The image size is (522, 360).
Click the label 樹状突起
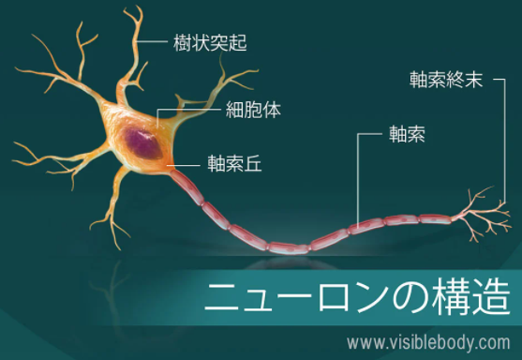210,42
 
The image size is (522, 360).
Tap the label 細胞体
253,110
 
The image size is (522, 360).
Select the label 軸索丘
234,163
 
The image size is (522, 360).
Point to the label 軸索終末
446,80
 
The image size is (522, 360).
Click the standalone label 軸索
407,134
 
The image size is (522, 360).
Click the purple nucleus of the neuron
143,143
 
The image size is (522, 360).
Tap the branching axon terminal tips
483,214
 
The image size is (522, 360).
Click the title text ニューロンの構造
357,297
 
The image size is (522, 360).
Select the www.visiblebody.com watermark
428,343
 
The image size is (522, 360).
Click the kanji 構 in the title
451,297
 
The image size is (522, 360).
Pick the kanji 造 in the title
491,297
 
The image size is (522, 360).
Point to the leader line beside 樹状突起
151,41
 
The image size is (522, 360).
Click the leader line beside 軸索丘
184,165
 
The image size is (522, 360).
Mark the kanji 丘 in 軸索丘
253,163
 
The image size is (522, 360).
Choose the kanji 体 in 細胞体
272,110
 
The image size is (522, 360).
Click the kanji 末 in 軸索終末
474,80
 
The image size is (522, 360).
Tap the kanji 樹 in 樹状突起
182,42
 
